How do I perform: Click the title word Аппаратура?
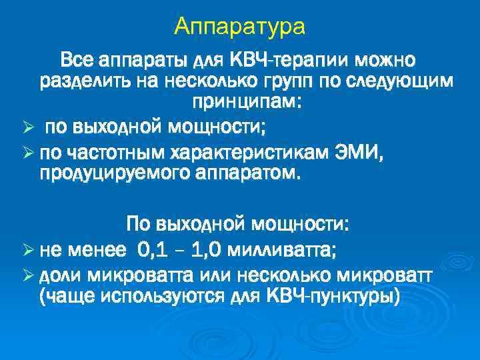tap(239, 27)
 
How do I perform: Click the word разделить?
tap(83, 82)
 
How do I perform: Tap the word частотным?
tap(109, 155)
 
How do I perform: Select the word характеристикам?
tap(259, 155)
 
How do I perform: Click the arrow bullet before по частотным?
tap(27, 155)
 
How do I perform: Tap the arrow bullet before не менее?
tap(27, 251)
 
